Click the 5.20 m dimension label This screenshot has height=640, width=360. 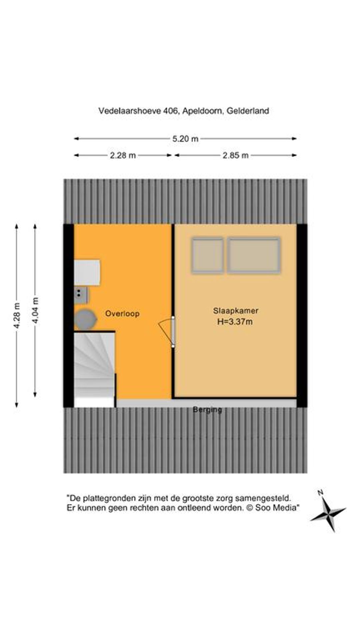pyautogui.click(x=185, y=139)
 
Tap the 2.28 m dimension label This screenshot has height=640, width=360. pyautogui.click(x=123, y=155)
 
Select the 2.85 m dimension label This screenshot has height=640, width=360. pyautogui.click(x=236, y=155)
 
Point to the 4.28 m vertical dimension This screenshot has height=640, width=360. pyautogui.click(x=17, y=315)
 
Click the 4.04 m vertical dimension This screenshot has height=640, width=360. pyautogui.click(x=35, y=310)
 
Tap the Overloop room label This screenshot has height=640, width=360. pyautogui.click(x=122, y=314)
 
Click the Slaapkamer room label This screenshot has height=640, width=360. pyautogui.click(x=236, y=311)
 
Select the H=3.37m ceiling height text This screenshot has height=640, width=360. pyautogui.click(x=235, y=322)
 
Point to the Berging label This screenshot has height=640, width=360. pyautogui.click(x=207, y=410)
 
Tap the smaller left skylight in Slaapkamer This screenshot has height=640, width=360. pyautogui.click(x=207, y=255)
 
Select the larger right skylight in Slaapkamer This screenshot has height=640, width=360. pyautogui.click(x=254, y=255)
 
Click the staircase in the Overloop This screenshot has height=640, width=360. pyautogui.click(x=95, y=369)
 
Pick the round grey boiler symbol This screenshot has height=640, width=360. pyautogui.click(x=85, y=319)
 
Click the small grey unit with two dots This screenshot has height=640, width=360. pyautogui.click(x=81, y=295)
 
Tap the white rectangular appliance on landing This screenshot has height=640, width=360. pyautogui.click(x=87, y=273)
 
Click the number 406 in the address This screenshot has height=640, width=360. pyautogui.click(x=170, y=111)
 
